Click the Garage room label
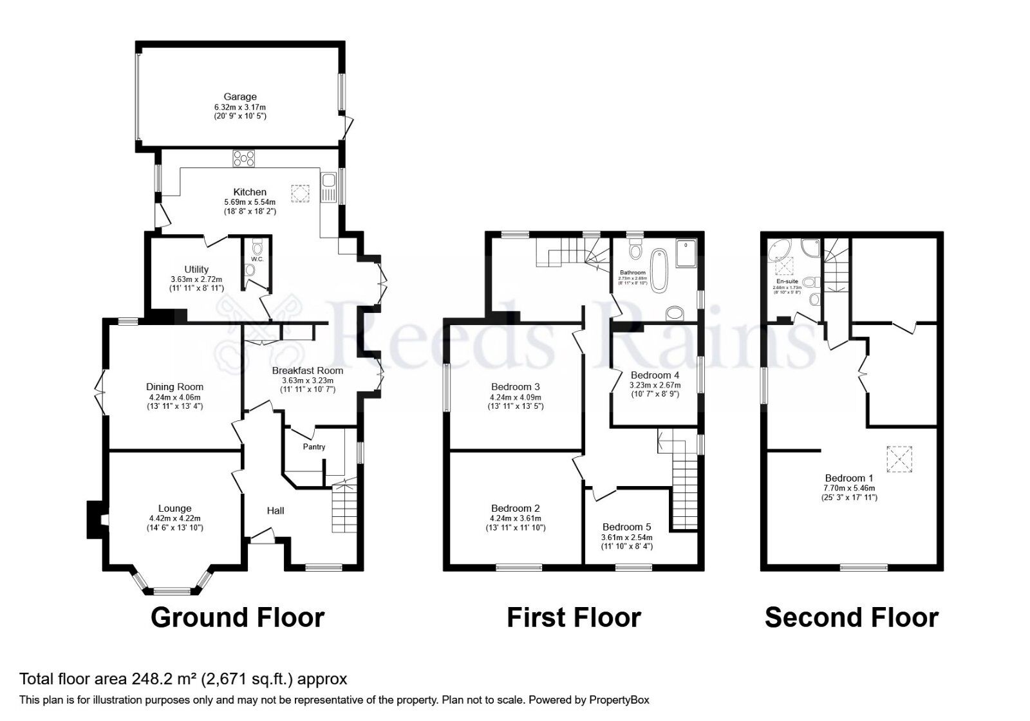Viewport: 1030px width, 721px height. (240, 97)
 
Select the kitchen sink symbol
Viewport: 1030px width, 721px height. (328, 187)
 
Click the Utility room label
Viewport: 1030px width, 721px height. (196, 269)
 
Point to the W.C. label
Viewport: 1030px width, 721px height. (257, 259)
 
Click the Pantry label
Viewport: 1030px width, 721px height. (314, 447)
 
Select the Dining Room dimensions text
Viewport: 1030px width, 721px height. (175, 402)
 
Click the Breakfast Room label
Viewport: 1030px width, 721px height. (307, 371)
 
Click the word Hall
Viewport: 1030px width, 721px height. (276, 510)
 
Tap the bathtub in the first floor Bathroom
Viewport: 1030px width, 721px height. (659, 270)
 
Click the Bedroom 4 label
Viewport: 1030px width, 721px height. (655, 375)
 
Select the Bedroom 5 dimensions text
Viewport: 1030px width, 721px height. (626, 542)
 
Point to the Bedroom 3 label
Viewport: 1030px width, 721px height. (515, 387)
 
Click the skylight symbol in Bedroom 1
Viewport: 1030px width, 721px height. (900, 459)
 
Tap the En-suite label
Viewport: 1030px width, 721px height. (787, 281)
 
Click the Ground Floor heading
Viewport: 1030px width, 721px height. (238, 617)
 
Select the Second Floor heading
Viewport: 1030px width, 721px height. (851, 617)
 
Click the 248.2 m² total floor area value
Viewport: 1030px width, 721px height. (165, 679)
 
